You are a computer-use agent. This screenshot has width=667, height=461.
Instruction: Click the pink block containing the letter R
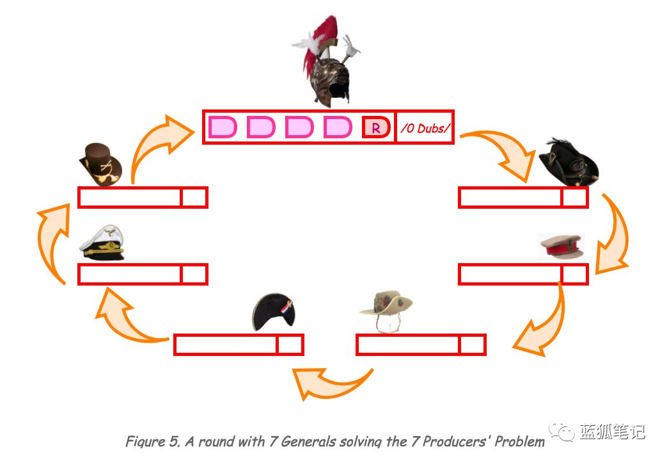pyautogui.click(x=376, y=127)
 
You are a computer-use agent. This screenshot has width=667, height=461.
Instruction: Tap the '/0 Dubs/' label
pyautogui.click(x=425, y=128)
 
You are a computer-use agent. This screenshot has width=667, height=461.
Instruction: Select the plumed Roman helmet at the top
pyautogui.click(x=327, y=61)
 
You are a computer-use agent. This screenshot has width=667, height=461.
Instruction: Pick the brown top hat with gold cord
pyautogui.click(x=101, y=164)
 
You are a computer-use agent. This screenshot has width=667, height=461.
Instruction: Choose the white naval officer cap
pyautogui.click(x=102, y=242)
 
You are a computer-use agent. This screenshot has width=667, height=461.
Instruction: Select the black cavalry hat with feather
pyautogui.click(x=569, y=162)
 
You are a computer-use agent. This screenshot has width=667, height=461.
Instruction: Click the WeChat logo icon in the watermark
pyautogui.click(x=561, y=432)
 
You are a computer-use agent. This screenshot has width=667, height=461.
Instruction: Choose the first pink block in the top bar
pyautogui.click(x=222, y=127)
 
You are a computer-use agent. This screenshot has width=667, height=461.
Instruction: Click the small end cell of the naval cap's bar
pyautogui.click(x=194, y=275)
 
